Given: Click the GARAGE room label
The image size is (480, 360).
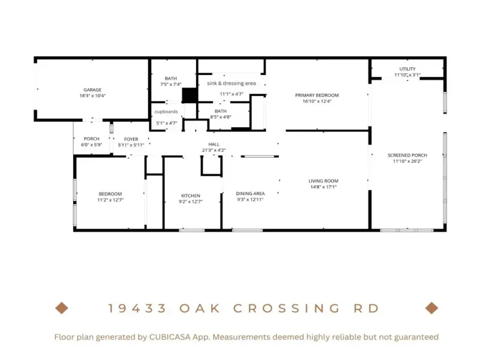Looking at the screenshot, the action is click(x=92, y=89).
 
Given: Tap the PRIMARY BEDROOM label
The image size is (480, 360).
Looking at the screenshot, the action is click(x=317, y=95).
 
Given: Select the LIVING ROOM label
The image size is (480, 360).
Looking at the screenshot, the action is click(x=323, y=181).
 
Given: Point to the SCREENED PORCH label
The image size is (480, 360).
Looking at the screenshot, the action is click(x=407, y=155).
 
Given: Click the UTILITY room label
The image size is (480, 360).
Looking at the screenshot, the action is click(x=407, y=69).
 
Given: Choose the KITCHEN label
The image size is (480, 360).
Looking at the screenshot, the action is click(x=190, y=196).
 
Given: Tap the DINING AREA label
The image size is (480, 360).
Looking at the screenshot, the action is click(x=250, y=193).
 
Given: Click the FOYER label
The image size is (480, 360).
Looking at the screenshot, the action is click(x=131, y=139).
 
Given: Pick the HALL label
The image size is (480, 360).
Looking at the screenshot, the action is click(x=214, y=144).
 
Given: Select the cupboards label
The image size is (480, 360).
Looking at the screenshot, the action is click(x=166, y=112).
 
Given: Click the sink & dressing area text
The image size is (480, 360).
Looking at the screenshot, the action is click(x=232, y=83).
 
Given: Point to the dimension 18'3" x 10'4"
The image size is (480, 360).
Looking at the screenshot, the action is click(x=92, y=95).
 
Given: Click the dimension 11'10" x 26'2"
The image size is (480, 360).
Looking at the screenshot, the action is click(x=407, y=161).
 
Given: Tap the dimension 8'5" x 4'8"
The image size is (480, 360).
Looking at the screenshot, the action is click(x=220, y=117).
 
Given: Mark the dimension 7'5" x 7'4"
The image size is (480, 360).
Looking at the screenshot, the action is click(x=171, y=84).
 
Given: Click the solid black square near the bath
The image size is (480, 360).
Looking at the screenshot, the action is click(x=190, y=95).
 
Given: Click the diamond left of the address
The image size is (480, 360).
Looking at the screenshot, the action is click(x=62, y=308).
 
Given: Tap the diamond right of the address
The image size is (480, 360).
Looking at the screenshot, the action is click(x=431, y=308).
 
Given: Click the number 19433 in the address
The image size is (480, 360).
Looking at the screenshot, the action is click(x=137, y=308).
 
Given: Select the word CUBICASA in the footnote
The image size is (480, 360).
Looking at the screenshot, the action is click(x=169, y=337).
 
